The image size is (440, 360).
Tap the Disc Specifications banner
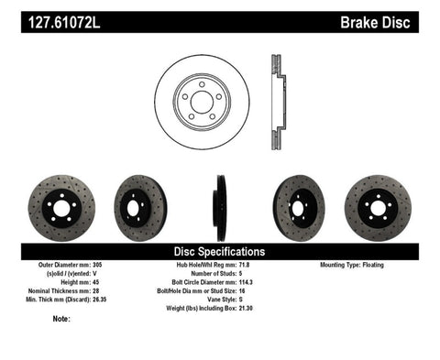coord(219,250)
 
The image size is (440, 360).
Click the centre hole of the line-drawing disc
coord(201,100)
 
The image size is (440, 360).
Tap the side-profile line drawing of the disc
coord(274,100)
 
